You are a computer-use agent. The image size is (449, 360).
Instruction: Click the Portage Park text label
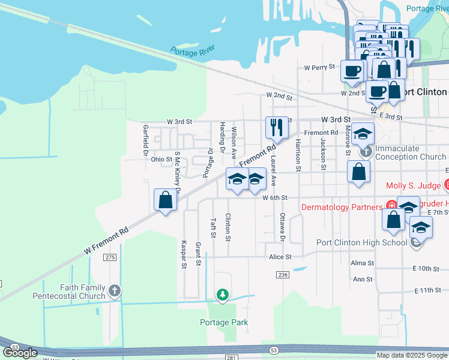coord(223,322)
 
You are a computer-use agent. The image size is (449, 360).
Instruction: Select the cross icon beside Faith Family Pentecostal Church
coord(114,292)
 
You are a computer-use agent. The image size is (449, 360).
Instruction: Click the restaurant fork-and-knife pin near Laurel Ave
coord(277,127)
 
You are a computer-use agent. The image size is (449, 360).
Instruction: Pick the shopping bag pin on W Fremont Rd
coord(165,200)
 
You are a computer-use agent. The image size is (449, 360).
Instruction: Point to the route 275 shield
coord(109,257)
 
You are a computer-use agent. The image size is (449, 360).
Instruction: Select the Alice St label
coord(280,257)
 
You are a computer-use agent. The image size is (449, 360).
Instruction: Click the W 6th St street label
coord(276,197)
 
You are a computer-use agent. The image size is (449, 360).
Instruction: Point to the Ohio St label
coord(161,160)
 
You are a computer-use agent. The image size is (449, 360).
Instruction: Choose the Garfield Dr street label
coord(145,140)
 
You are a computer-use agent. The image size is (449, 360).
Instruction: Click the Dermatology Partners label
coord(341,208)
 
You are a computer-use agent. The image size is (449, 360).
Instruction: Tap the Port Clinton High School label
coord(361,243)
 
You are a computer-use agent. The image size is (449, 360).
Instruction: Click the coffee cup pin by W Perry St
coord(352,71)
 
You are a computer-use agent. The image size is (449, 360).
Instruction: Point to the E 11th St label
coord(427,290)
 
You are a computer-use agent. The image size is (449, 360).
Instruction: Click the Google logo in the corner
coord(20,352)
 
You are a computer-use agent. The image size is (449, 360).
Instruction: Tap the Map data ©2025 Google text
coord(411,355)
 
